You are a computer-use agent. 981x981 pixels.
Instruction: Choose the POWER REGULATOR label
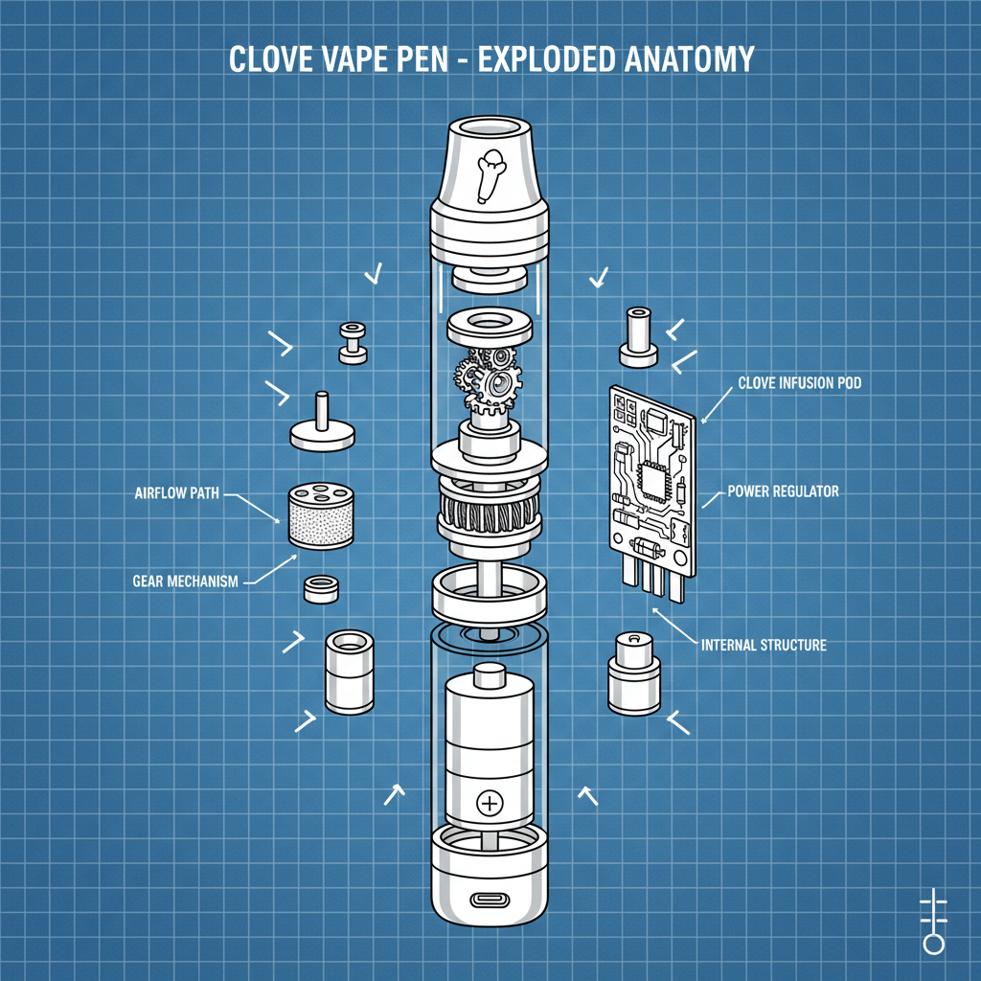coord(783,491)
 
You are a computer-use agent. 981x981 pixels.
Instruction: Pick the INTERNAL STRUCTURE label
coord(764,645)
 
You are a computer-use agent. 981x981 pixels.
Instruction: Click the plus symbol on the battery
coord(490,802)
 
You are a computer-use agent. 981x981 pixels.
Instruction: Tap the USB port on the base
coord(490,901)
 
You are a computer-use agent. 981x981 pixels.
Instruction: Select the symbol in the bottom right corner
coord(932,921)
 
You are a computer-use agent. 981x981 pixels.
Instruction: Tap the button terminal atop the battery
coord(490,676)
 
